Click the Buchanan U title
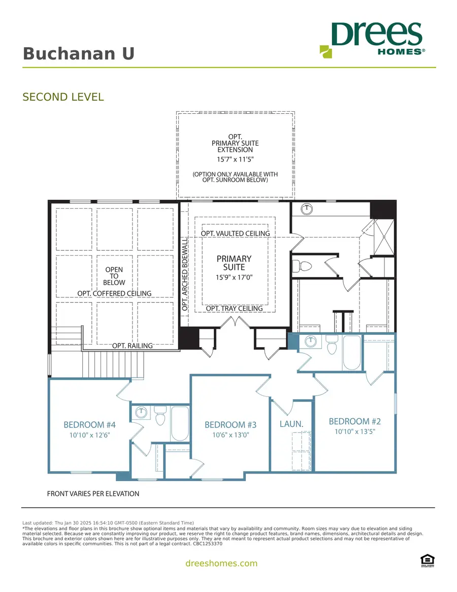[79, 54]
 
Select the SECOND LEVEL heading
[63, 97]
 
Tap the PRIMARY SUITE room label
[234, 263]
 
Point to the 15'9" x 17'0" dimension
[234, 277]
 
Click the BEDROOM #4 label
[90, 424]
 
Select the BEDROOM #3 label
[231, 424]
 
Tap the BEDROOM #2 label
[354, 421]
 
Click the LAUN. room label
[291, 423]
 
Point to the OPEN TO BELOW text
[114, 276]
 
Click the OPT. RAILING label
[132, 346]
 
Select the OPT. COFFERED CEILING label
[114, 293]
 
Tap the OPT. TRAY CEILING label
[234, 308]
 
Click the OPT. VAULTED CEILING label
[235, 233]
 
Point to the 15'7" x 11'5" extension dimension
[235, 159]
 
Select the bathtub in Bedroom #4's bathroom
[179, 423]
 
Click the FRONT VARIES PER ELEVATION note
[93, 493]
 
